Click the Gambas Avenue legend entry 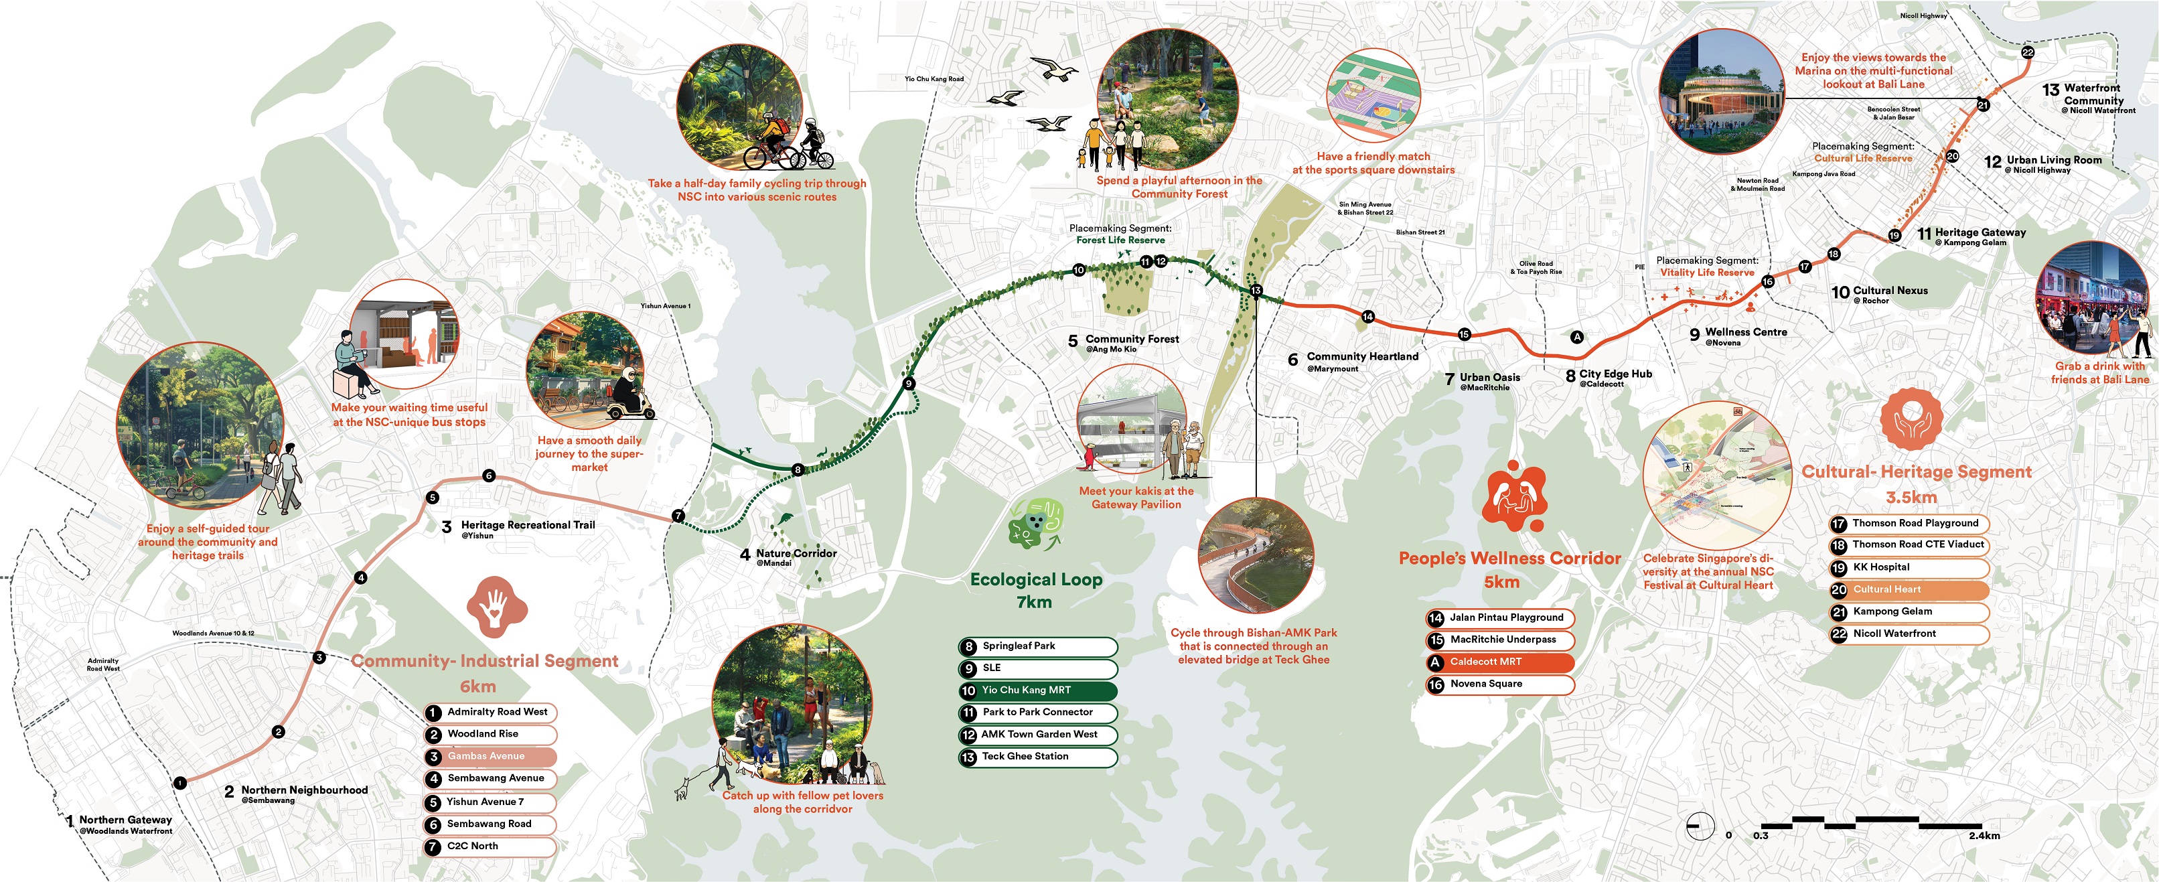pyautogui.click(x=490, y=756)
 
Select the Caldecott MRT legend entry pyautogui.click(x=1499, y=662)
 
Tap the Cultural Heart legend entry pyautogui.click(x=1908, y=590)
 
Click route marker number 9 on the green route pyautogui.click(x=909, y=384)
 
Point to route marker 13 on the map pyautogui.click(x=1256, y=290)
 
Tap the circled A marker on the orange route pyautogui.click(x=1576, y=337)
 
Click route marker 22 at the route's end pyautogui.click(x=2028, y=52)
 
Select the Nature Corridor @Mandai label pyautogui.click(x=796, y=557)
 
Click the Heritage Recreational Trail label pyautogui.click(x=526, y=527)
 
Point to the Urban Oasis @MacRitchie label pyautogui.click(x=1489, y=380)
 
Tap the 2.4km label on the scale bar pyautogui.click(x=1984, y=836)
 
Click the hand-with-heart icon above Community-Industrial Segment pyautogui.click(x=496, y=605)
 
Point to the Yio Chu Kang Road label pyautogui.click(x=934, y=79)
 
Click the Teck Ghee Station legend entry pyautogui.click(x=1037, y=757)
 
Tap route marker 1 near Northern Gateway pyautogui.click(x=180, y=783)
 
